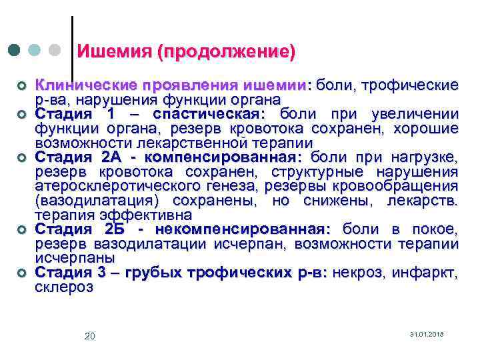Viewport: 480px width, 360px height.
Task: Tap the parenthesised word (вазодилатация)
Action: click(99, 201)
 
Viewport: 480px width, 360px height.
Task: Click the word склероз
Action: click(64, 287)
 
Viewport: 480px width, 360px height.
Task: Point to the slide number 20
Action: click(90, 336)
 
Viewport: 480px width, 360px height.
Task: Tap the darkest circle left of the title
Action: click(15, 51)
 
